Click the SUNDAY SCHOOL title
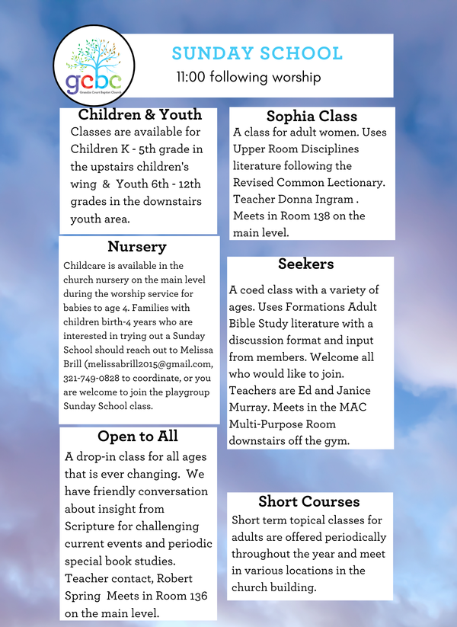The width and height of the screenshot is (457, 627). coord(257,53)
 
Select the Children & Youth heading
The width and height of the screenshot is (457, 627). coord(140,115)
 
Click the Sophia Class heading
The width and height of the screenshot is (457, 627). coord(312,117)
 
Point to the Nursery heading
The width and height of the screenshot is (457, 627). coord(137,247)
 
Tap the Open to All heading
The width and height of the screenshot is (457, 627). coord(138,437)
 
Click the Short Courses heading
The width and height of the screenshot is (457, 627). coord(308,501)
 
